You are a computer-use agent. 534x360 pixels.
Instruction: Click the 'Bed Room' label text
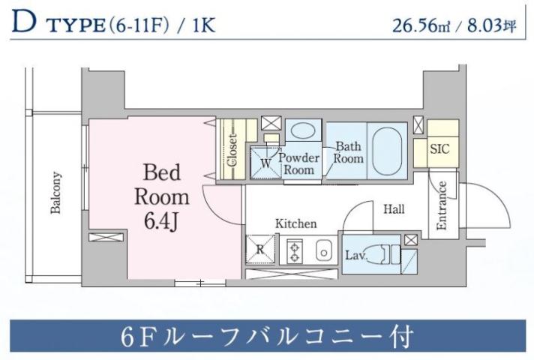point(161,185)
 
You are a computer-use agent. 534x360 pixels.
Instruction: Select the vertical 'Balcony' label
point(55,193)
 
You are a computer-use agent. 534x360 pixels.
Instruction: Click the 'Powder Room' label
point(300,163)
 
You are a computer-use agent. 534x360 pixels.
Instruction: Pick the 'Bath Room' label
point(349,152)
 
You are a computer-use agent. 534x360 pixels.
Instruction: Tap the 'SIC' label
point(439,148)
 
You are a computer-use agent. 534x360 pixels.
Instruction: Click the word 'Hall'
point(394,209)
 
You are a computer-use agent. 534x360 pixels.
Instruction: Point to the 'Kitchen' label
point(295,223)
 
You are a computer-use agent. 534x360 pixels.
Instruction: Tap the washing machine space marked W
point(265,163)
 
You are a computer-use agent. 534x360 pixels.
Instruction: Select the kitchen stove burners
point(295,250)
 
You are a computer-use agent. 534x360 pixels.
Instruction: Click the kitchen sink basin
point(323,250)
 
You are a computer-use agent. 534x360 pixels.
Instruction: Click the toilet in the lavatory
point(387,253)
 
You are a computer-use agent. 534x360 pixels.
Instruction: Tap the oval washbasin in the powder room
point(303,130)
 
